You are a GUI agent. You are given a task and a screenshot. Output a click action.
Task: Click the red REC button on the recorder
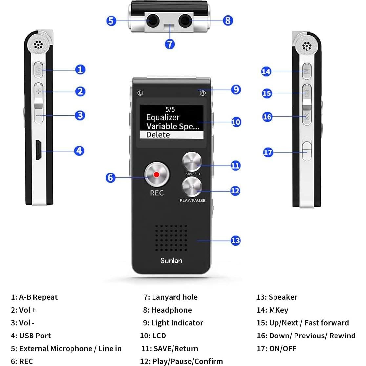coord(156,174)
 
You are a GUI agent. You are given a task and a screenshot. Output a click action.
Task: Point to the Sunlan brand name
coord(171,260)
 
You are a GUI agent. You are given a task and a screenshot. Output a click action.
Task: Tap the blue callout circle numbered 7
coord(170,44)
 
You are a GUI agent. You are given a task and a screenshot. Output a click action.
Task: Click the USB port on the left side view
coord(38,151)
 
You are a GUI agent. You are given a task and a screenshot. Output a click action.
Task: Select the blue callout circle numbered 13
coord(235,240)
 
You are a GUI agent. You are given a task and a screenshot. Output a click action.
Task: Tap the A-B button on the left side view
coord(38,70)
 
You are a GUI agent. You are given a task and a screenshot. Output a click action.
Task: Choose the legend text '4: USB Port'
coord(31,335)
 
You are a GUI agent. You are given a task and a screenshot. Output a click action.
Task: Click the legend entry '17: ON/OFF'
coord(276,348)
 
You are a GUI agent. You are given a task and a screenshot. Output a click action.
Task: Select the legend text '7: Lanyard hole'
coord(171,297)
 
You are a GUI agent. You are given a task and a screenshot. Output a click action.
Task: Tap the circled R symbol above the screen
coord(203,93)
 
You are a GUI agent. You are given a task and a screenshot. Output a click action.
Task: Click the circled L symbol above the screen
coord(140,93)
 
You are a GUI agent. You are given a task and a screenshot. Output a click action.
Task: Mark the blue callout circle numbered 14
coord(266,71)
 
